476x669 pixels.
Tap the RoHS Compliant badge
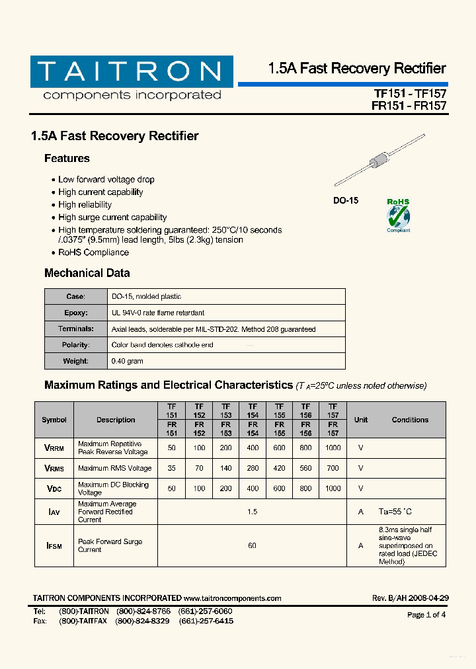(398, 216)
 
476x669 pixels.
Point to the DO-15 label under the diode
(345, 200)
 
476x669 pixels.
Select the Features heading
(67, 159)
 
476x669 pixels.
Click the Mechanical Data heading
(87, 273)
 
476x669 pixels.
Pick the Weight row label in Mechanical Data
(75, 361)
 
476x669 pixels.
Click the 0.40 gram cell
(127, 361)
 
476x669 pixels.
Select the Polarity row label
(75, 345)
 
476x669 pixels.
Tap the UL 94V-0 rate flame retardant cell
(158, 313)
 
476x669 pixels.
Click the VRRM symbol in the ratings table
(54, 448)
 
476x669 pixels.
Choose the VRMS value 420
(279, 468)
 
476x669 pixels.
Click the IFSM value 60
(252, 546)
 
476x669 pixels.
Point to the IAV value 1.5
(252, 512)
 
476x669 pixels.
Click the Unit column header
(361, 420)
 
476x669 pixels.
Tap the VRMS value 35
(172, 468)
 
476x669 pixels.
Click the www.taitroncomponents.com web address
(233, 598)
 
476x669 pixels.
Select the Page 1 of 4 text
(426, 615)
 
